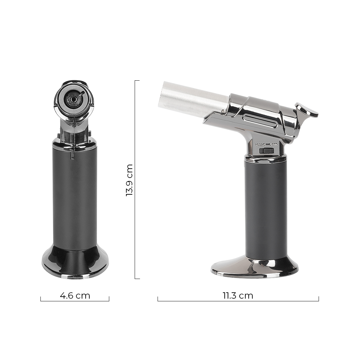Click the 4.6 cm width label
(x=75, y=295)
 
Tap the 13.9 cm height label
(x=129, y=180)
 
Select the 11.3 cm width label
(x=238, y=295)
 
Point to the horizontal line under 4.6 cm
(x=75, y=301)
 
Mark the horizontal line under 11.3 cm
(x=238, y=301)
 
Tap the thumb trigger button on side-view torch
(x=307, y=111)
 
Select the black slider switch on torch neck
(x=267, y=151)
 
